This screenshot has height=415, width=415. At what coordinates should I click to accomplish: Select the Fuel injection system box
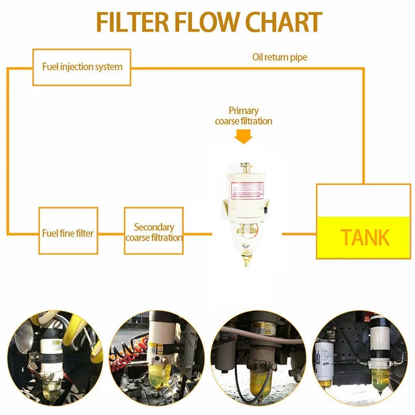[82, 67]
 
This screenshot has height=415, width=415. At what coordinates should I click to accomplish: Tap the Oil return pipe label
[280, 57]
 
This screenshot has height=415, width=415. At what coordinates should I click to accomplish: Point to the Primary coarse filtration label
[243, 116]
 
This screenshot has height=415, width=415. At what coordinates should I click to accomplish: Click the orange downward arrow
[243, 136]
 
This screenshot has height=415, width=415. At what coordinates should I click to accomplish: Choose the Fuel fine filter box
[68, 233]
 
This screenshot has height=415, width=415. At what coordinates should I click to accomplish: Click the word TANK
[365, 238]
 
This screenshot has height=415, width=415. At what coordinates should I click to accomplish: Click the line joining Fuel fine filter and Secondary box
[111, 233]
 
